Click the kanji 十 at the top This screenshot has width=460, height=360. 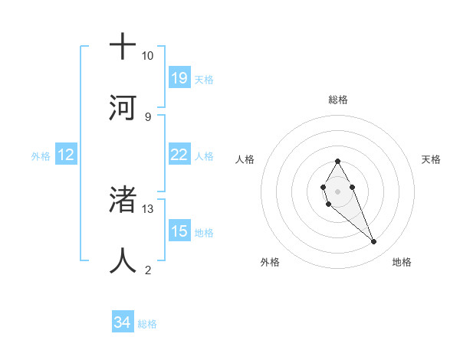[123, 47]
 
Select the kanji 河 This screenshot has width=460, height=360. [123, 107]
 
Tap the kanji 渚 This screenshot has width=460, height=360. [123, 200]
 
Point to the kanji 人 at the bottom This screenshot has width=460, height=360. [123, 261]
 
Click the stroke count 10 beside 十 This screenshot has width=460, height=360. [148, 56]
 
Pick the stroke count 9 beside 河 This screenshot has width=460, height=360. [148, 116]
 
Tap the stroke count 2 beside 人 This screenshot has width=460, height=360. [148, 270]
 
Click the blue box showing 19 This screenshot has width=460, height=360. [179, 78]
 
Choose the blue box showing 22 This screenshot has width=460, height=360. [179, 155]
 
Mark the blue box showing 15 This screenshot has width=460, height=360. [179, 231]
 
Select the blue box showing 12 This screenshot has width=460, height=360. [66, 155]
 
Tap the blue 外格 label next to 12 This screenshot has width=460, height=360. [41, 155]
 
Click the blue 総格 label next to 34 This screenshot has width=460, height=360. [147, 324]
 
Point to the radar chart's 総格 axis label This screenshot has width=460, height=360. [337, 100]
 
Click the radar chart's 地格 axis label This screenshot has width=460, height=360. [402, 262]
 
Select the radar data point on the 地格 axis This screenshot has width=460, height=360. [374, 242]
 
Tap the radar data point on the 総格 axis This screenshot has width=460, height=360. [337, 161]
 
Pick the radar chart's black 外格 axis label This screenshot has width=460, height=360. [270, 262]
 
